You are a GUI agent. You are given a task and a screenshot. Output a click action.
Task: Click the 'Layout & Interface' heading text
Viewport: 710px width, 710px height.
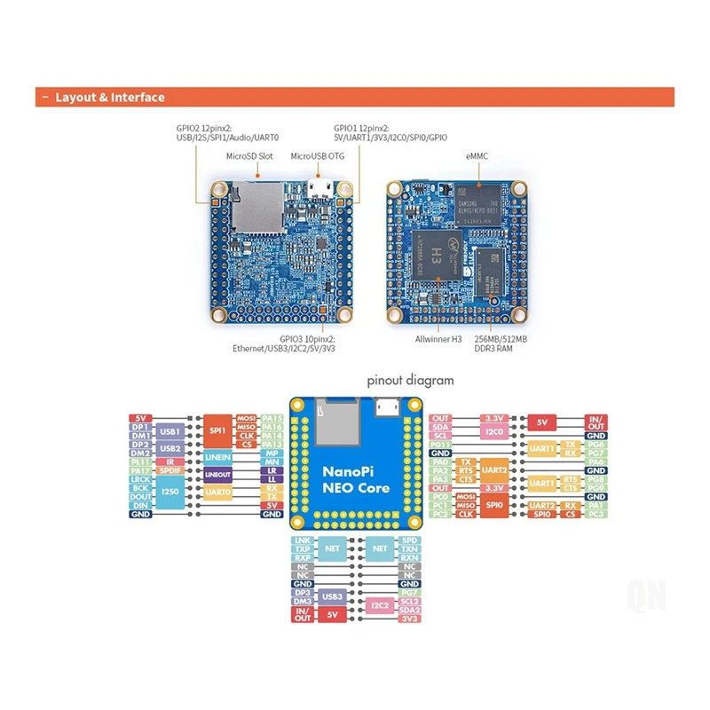pos(109,98)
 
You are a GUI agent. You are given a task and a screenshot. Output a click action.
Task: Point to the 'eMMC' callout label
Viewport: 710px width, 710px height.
pos(476,156)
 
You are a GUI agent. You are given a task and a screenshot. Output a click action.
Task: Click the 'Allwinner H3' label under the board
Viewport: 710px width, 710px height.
pos(439,338)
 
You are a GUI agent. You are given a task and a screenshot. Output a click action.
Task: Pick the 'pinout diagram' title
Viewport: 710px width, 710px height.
pos(410,380)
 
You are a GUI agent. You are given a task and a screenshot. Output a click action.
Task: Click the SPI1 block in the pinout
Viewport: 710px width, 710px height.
pos(217,431)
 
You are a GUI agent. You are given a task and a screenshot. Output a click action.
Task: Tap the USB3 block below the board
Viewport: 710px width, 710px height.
pos(330,598)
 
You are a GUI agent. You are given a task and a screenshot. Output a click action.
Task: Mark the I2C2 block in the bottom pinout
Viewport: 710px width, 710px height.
pos(380,604)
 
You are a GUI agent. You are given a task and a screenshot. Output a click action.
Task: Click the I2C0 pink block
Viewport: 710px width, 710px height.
pos(493,431)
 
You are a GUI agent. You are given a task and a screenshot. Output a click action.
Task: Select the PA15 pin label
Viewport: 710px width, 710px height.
pos(272,418)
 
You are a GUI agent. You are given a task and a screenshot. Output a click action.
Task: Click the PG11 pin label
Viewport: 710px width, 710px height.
pos(440,445)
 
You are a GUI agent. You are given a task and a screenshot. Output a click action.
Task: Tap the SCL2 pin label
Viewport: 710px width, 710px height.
pos(409,600)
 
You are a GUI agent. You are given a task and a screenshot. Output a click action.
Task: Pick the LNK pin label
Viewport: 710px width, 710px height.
pos(303,540)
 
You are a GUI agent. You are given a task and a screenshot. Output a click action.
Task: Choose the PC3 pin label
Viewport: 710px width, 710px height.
pos(572,514)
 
